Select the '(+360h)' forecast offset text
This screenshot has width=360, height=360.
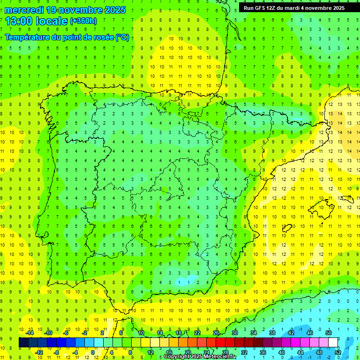pos(83,21)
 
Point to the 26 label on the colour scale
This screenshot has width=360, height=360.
pos(216,333)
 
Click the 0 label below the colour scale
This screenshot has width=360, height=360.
pos(92,352)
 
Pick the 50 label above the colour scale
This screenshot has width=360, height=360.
pos(329,333)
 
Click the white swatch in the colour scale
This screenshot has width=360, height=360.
pos(333,342)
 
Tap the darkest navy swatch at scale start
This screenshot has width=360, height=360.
pos(23,342)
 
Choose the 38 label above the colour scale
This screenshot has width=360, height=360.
pos(272,333)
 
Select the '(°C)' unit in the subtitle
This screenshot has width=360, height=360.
pos(123,37)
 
